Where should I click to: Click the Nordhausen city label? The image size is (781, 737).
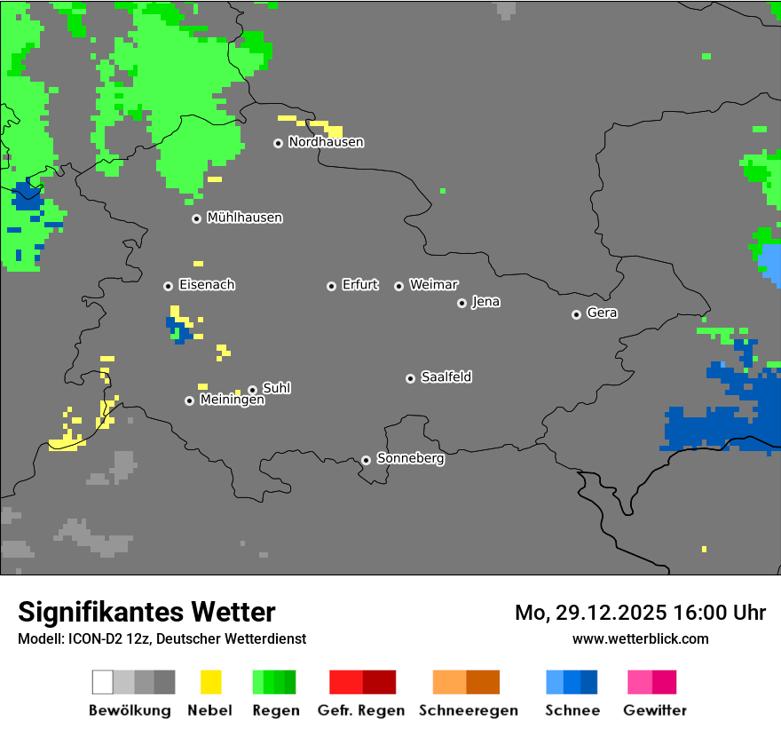(x=326, y=142)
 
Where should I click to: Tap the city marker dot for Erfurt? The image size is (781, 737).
(x=331, y=286)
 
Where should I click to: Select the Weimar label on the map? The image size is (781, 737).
(x=433, y=285)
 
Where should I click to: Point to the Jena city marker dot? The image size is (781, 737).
(x=461, y=303)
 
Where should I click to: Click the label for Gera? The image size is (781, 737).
(x=602, y=313)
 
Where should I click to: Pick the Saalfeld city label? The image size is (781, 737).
(x=446, y=377)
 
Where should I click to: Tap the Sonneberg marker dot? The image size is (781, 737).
(x=366, y=460)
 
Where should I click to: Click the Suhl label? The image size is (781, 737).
(x=276, y=388)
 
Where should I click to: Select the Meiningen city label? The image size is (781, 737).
(x=232, y=400)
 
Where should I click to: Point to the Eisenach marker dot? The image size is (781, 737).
(x=168, y=286)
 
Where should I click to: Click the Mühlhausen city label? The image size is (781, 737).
(x=244, y=218)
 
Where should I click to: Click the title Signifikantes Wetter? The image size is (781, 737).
(x=146, y=612)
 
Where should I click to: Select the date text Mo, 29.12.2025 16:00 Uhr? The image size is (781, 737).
(x=640, y=613)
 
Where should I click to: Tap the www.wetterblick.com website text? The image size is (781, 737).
(x=640, y=638)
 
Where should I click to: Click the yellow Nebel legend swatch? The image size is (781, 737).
(x=210, y=682)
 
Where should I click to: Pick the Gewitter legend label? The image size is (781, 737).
(x=654, y=710)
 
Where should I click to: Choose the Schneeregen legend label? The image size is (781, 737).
(x=468, y=710)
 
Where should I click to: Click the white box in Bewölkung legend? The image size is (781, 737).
(x=103, y=682)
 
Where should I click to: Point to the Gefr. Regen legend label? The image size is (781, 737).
(x=361, y=710)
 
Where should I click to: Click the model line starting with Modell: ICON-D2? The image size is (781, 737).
(x=162, y=638)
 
